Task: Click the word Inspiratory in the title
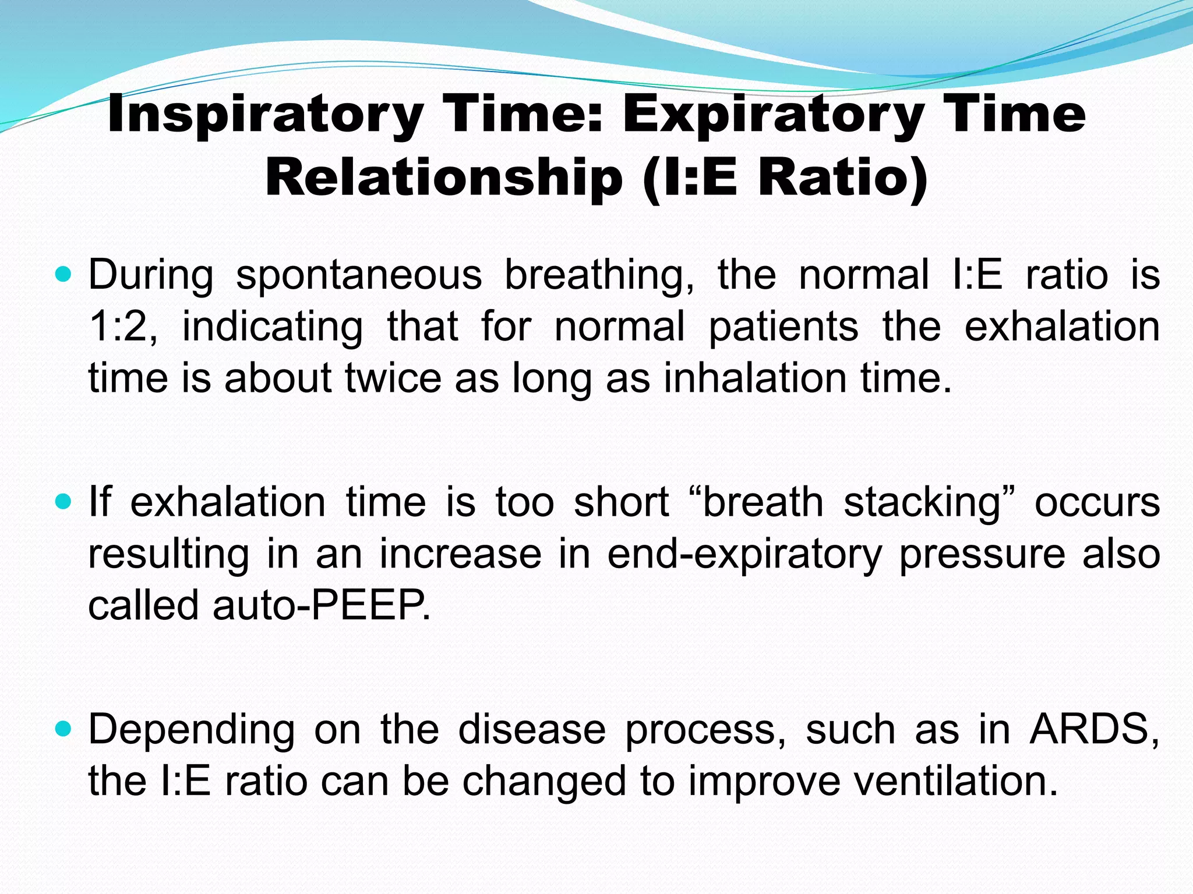[x=265, y=115]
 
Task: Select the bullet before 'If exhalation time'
[x=63, y=500]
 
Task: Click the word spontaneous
[x=359, y=275]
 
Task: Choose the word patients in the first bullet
[x=783, y=328]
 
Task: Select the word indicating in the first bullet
[x=272, y=328]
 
